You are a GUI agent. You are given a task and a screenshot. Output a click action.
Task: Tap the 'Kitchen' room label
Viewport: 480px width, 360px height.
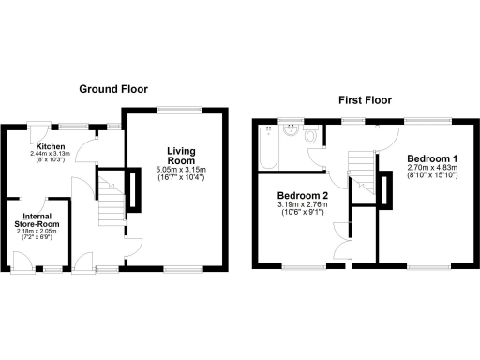click(x=50, y=148)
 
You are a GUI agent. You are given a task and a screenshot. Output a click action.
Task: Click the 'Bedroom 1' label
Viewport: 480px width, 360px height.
click(x=427, y=160)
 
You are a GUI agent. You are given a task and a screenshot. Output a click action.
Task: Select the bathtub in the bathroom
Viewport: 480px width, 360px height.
click(x=269, y=145)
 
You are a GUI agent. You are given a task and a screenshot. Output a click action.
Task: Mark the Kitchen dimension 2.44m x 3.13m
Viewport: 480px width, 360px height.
click(x=50, y=156)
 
